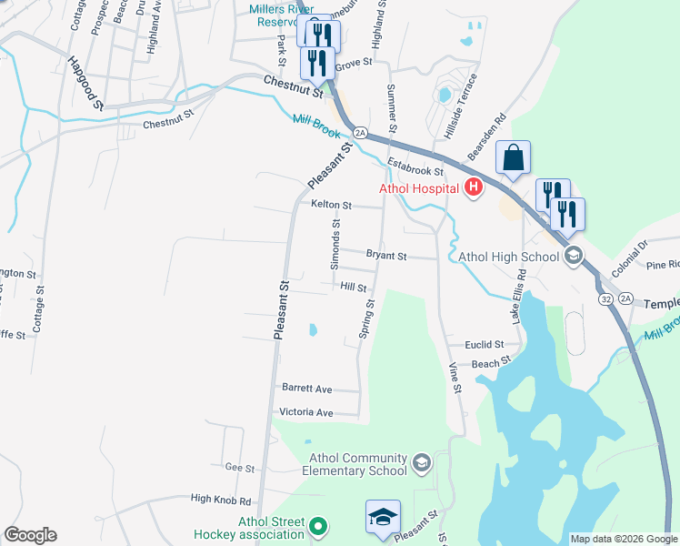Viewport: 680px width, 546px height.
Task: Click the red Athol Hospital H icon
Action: (x=473, y=188)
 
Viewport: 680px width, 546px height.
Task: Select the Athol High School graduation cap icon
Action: (x=573, y=256)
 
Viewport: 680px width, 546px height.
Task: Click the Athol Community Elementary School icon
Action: (x=421, y=463)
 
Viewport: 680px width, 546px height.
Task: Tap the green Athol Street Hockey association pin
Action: (x=317, y=527)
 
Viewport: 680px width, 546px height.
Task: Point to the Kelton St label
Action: (x=331, y=206)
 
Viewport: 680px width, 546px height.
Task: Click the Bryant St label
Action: (x=386, y=257)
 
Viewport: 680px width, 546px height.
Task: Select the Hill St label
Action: (x=353, y=287)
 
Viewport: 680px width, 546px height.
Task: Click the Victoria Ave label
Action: (x=306, y=412)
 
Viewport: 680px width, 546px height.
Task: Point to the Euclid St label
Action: (x=484, y=345)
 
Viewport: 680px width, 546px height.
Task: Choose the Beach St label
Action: (x=491, y=364)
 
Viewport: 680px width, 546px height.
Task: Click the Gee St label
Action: (x=240, y=468)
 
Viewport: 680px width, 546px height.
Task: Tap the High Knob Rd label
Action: (x=220, y=500)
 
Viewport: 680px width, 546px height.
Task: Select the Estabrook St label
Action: (x=414, y=166)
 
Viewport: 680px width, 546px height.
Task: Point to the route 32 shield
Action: (x=605, y=298)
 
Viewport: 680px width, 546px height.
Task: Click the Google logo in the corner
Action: (x=30, y=535)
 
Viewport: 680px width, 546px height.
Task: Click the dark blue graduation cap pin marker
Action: (x=383, y=517)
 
